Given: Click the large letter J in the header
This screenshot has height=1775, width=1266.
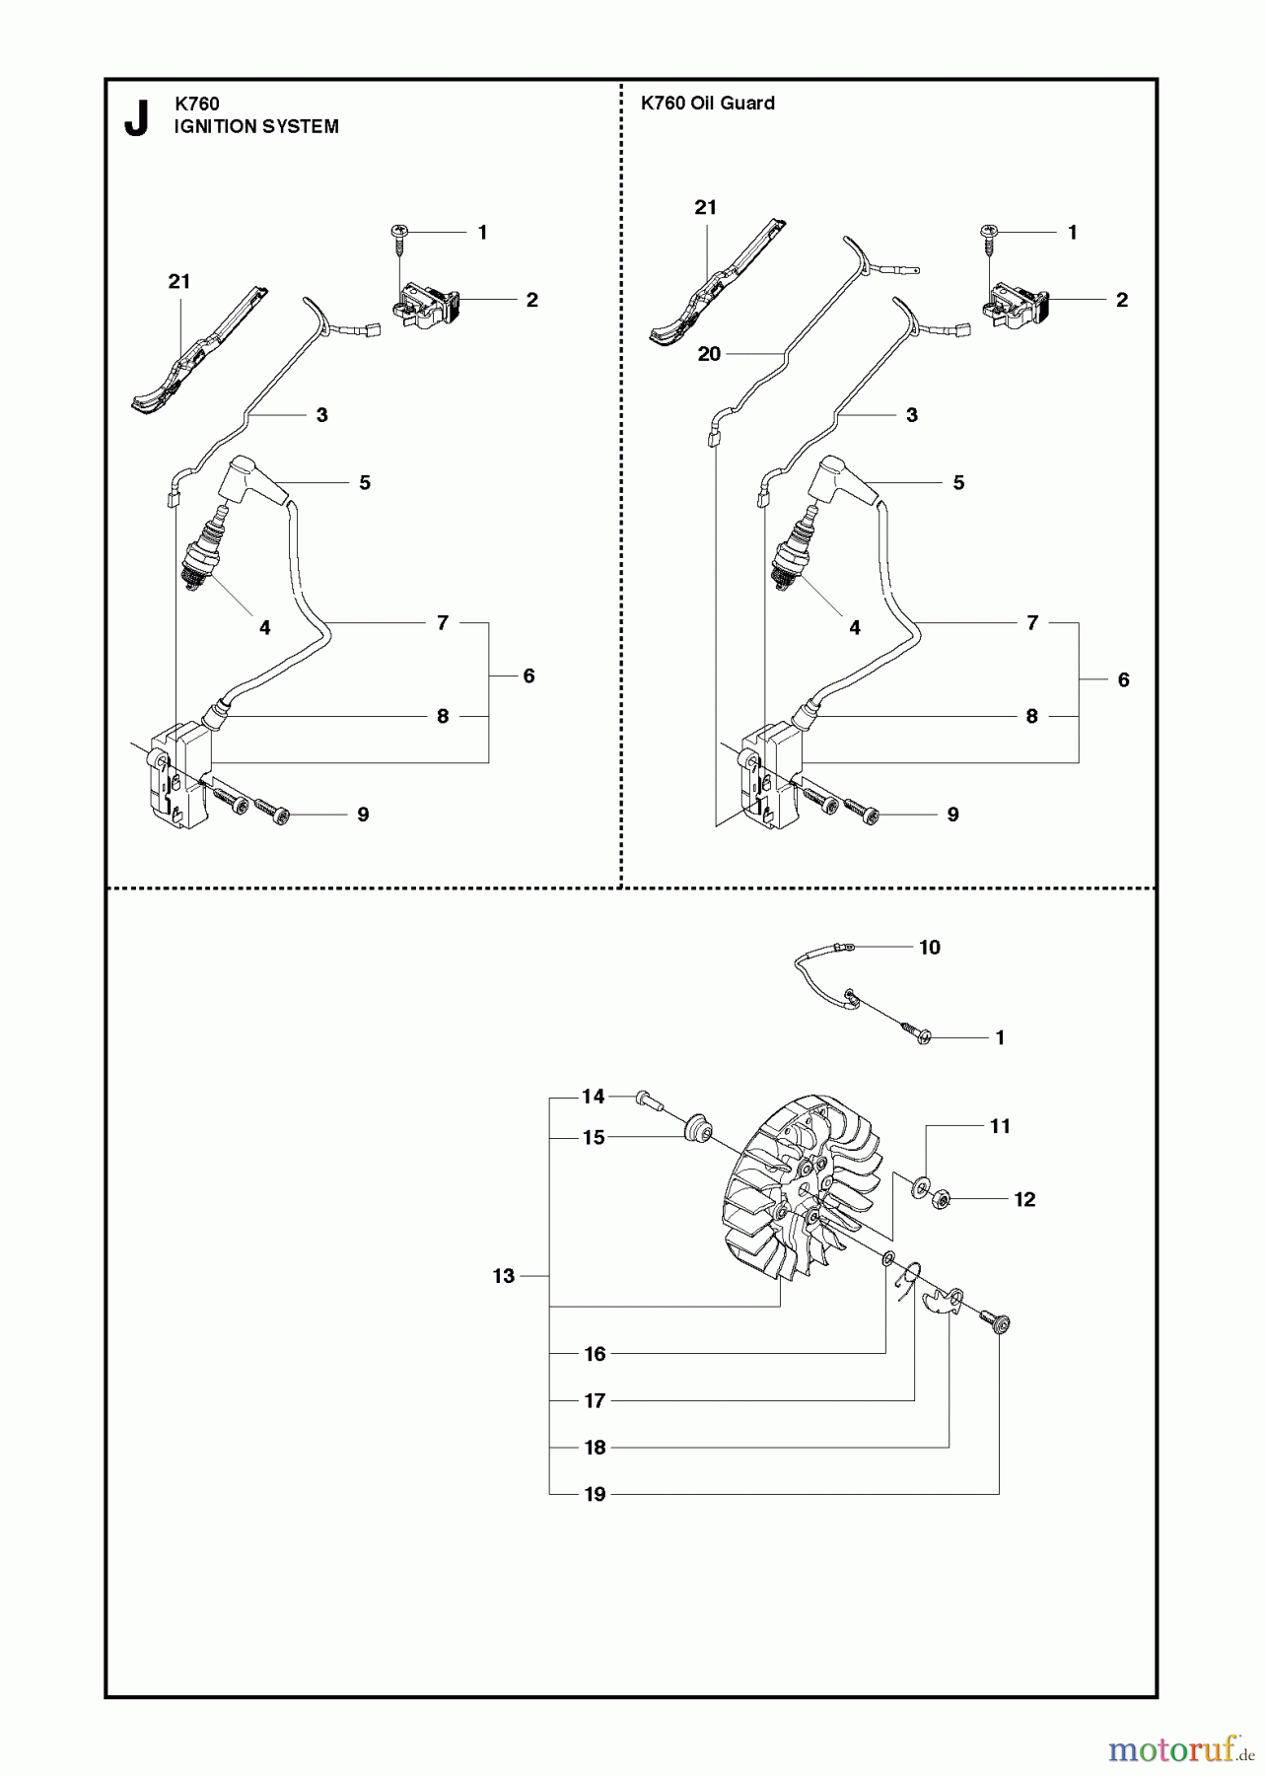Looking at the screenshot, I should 137,118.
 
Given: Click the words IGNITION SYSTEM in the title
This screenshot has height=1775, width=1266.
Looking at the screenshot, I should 256,126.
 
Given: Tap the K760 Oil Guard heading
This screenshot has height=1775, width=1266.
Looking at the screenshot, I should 707,103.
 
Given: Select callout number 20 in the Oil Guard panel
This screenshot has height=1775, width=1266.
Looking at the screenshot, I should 709,354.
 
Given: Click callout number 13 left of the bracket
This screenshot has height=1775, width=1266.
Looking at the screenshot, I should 504,1276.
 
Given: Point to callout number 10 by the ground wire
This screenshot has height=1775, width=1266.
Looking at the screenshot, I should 929,947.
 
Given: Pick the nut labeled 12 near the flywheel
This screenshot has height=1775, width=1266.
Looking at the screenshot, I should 941,1199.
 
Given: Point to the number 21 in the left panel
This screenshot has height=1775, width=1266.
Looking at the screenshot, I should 178,281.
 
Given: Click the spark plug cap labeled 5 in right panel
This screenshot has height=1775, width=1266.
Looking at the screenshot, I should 836,481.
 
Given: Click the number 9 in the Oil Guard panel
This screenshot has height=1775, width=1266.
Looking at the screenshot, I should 952,815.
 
